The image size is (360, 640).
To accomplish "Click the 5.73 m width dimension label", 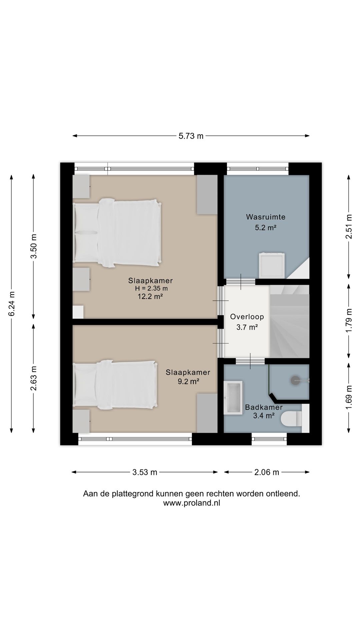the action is (191, 136).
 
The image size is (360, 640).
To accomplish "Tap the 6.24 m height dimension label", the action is (12, 304).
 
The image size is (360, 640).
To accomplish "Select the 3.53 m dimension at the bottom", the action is (145, 472).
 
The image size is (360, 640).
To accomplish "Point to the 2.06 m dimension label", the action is (267, 472).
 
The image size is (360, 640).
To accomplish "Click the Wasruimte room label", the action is (266, 217).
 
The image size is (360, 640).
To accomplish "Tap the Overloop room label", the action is (247, 317).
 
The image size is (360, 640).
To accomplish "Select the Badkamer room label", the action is (264, 407).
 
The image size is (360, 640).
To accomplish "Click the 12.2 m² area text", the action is (150, 296).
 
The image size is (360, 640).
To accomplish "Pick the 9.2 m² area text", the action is (188, 382).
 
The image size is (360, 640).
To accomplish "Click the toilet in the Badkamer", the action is (291, 419).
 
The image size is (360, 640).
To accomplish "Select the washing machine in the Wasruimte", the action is (272, 265).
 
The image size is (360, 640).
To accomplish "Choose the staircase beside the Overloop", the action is (289, 321).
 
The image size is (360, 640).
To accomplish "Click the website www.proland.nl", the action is (192, 503).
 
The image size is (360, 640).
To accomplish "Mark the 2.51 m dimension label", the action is (349, 227).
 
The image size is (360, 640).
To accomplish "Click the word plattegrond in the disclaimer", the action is (132, 494).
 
